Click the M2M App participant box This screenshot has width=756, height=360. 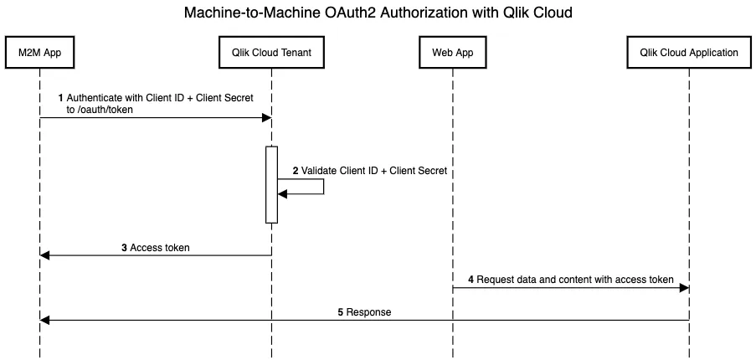pyautogui.click(x=39, y=52)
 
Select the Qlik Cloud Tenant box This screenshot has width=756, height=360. pyautogui.click(x=271, y=52)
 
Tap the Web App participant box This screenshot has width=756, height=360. pyautogui.click(x=453, y=52)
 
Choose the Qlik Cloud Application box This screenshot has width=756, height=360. pyautogui.click(x=689, y=52)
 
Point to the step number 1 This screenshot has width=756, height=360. pyautogui.click(x=60, y=98)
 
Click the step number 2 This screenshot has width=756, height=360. pyautogui.click(x=296, y=170)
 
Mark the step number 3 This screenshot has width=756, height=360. pyautogui.click(x=124, y=248)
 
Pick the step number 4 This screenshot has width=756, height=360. pyautogui.click(x=471, y=280)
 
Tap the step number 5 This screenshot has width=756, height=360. pyautogui.click(x=340, y=311)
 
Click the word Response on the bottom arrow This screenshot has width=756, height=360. pyautogui.click(x=368, y=311)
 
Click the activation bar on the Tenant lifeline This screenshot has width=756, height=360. pyautogui.click(x=271, y=185)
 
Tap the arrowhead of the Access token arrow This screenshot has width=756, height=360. pyautogui.click(x=44, y=255)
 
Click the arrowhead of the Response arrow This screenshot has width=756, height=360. pyautogui.click(x=44, y=320)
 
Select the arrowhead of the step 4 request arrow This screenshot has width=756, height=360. pyautogui.click(x=684, y=288)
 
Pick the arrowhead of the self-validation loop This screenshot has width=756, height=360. pyautogui.click(x=282, y=193)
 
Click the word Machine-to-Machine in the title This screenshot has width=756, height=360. pyautogui.click(x=253, y=13)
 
